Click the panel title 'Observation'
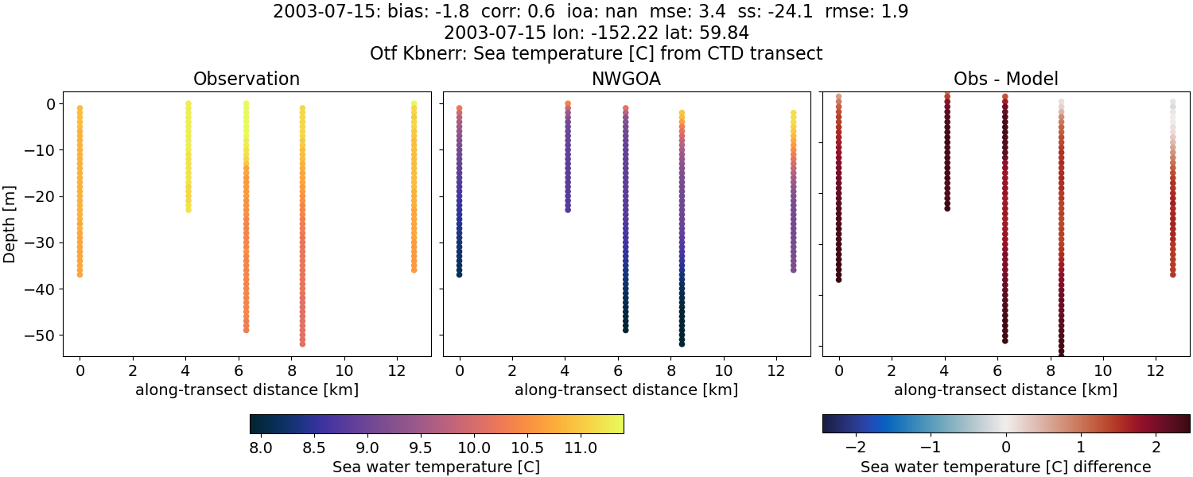[x=247, y=79]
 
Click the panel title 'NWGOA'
[x=626, y=79]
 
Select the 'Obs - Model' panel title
[x=1005, y=79]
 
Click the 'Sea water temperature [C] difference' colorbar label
[x=1006, y=467]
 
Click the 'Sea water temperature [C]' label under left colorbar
[x=436, y=467]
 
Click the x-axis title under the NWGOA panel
[x=626, y=390]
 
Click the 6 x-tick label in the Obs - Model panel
[x=997, y=370]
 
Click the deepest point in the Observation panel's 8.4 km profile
[x=302, y=343]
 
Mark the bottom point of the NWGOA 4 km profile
[x=568, y=209]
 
